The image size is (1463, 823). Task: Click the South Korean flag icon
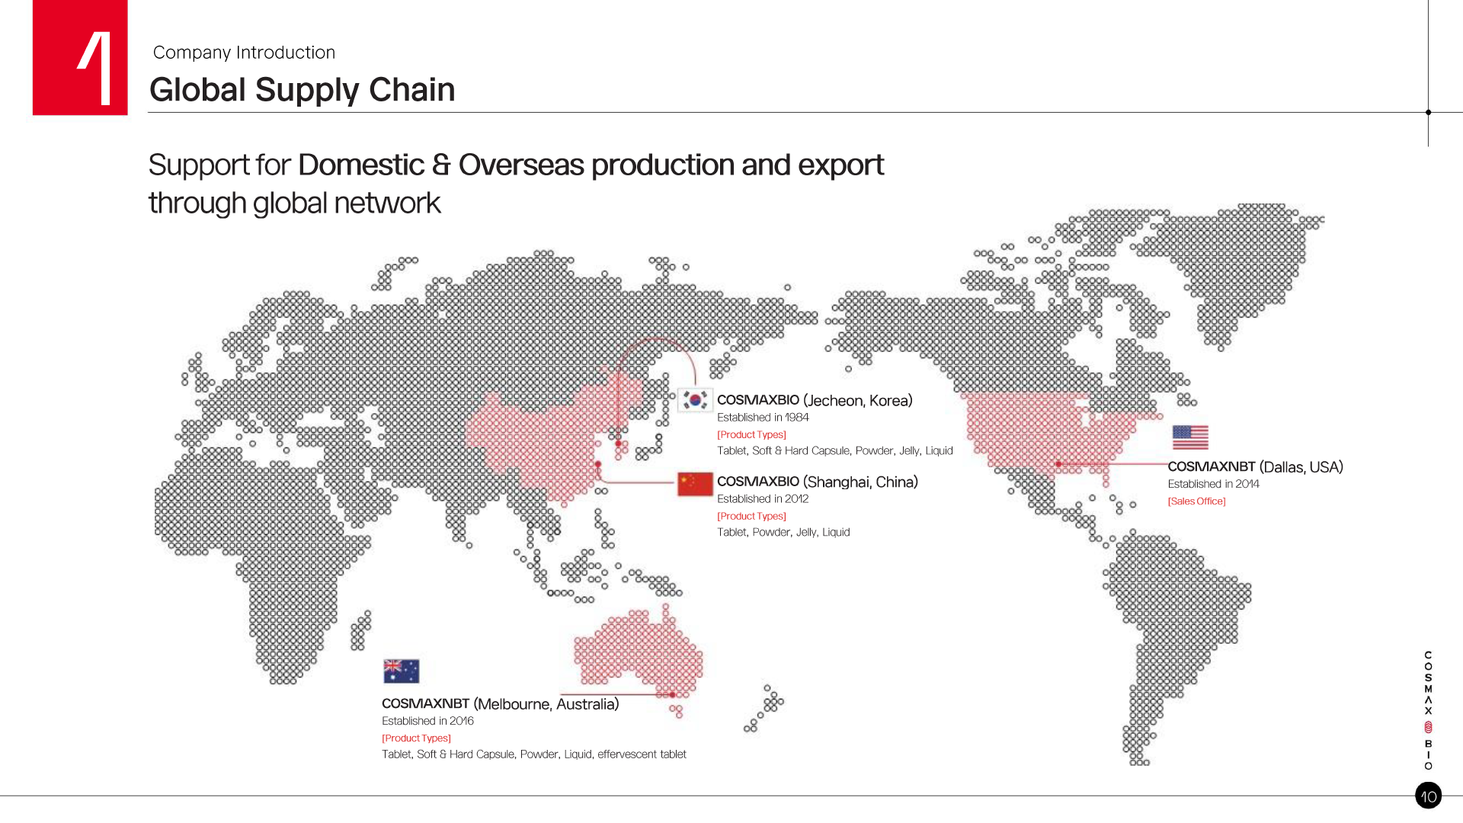[x=695, y=400]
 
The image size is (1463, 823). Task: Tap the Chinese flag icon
[x=695, y=484]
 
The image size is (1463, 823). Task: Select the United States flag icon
[x=1190, y=437]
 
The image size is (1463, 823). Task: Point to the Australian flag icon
[x=402, y=671]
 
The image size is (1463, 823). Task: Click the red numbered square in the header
[x=80, y=58]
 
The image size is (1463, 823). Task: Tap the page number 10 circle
[x=1428, y=796]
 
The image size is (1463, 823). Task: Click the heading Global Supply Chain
[x=302, y=90]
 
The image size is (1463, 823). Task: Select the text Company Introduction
[x=244, y=53]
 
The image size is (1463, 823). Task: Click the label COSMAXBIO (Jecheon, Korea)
[x=815, y=401]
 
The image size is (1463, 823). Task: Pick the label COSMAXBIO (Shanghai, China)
[x=818, y=482]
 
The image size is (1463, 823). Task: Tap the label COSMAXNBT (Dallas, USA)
[x=1255, y=467]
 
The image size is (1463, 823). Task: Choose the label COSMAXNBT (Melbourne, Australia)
[x=500, y=704]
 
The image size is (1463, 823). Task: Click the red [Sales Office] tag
[x=1196, y=501]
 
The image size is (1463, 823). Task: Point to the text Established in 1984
[x=763, y=418]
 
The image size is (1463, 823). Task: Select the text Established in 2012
[x=763, y=499]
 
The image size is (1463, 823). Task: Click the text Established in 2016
[x=427, y=721]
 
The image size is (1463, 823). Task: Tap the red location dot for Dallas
[x=1058, y=464]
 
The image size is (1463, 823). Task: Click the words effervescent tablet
[x=642, y=754]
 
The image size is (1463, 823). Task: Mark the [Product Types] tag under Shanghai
[x=751, y=516]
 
